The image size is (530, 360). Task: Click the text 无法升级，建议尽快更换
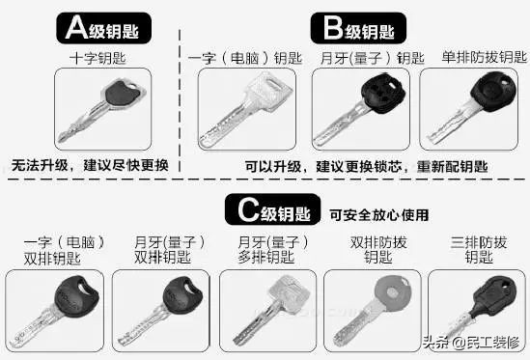pyautogui.click(x=91, y=164)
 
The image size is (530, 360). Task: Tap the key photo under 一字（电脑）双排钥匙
pyautogui.click(x=53, y=308)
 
